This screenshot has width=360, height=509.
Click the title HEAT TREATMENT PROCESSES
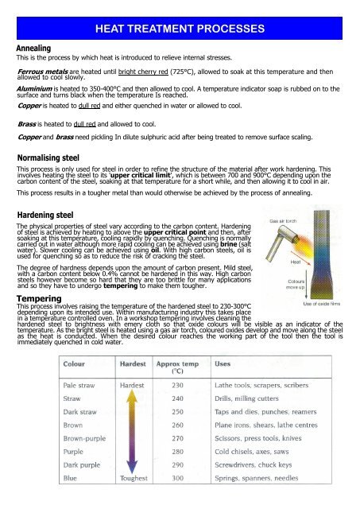(180, 29)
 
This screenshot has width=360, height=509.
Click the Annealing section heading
(37, 48)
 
